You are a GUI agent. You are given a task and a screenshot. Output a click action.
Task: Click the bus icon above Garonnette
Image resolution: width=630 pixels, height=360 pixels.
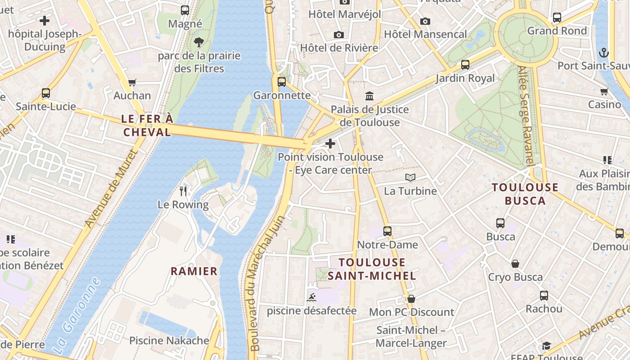pos(282,82)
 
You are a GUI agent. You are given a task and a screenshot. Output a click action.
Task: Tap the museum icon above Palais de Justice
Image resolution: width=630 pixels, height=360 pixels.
pos(369,96)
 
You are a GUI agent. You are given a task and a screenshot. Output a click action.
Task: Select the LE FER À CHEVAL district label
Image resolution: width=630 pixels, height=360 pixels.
pos(147,126)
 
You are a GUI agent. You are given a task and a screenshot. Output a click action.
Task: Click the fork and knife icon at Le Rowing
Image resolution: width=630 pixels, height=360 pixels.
pos(183,191)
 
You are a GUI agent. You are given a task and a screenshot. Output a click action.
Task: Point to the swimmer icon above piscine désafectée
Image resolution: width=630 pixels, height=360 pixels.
pos(311,297)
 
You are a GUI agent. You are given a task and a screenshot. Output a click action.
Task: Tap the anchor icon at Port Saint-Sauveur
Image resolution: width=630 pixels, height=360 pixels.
pos(604,53)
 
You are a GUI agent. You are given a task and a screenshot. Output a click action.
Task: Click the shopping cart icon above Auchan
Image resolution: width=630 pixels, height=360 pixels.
pos(132,82)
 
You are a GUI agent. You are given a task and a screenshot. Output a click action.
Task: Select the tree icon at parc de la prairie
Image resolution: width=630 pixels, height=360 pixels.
pos(199,43)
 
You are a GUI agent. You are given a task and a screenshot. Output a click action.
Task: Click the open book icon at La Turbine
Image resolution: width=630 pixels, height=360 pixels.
pos(410,178)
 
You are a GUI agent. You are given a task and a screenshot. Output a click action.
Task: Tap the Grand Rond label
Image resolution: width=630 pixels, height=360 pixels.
pos(557,31)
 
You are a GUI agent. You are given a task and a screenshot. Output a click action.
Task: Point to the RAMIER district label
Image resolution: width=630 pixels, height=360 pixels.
pos(194,271)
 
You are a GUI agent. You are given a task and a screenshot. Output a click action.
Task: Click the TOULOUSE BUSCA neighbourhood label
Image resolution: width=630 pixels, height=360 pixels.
pos(525,194)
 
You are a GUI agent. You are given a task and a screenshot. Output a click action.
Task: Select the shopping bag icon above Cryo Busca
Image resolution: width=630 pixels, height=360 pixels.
pos(515,264)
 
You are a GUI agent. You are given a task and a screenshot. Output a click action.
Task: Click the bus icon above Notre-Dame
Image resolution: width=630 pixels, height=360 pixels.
pos(387,231)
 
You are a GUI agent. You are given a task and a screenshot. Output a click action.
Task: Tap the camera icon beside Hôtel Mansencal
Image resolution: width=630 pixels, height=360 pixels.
pos(425,21)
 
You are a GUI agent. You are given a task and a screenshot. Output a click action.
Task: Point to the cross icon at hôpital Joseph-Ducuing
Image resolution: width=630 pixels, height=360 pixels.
pos(45,20)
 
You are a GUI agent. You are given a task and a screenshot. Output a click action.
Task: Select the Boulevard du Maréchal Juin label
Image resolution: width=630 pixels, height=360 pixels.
pos(267,283)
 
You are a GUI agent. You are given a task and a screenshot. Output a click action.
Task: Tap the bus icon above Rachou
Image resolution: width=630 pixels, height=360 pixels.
pos(544,296)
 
